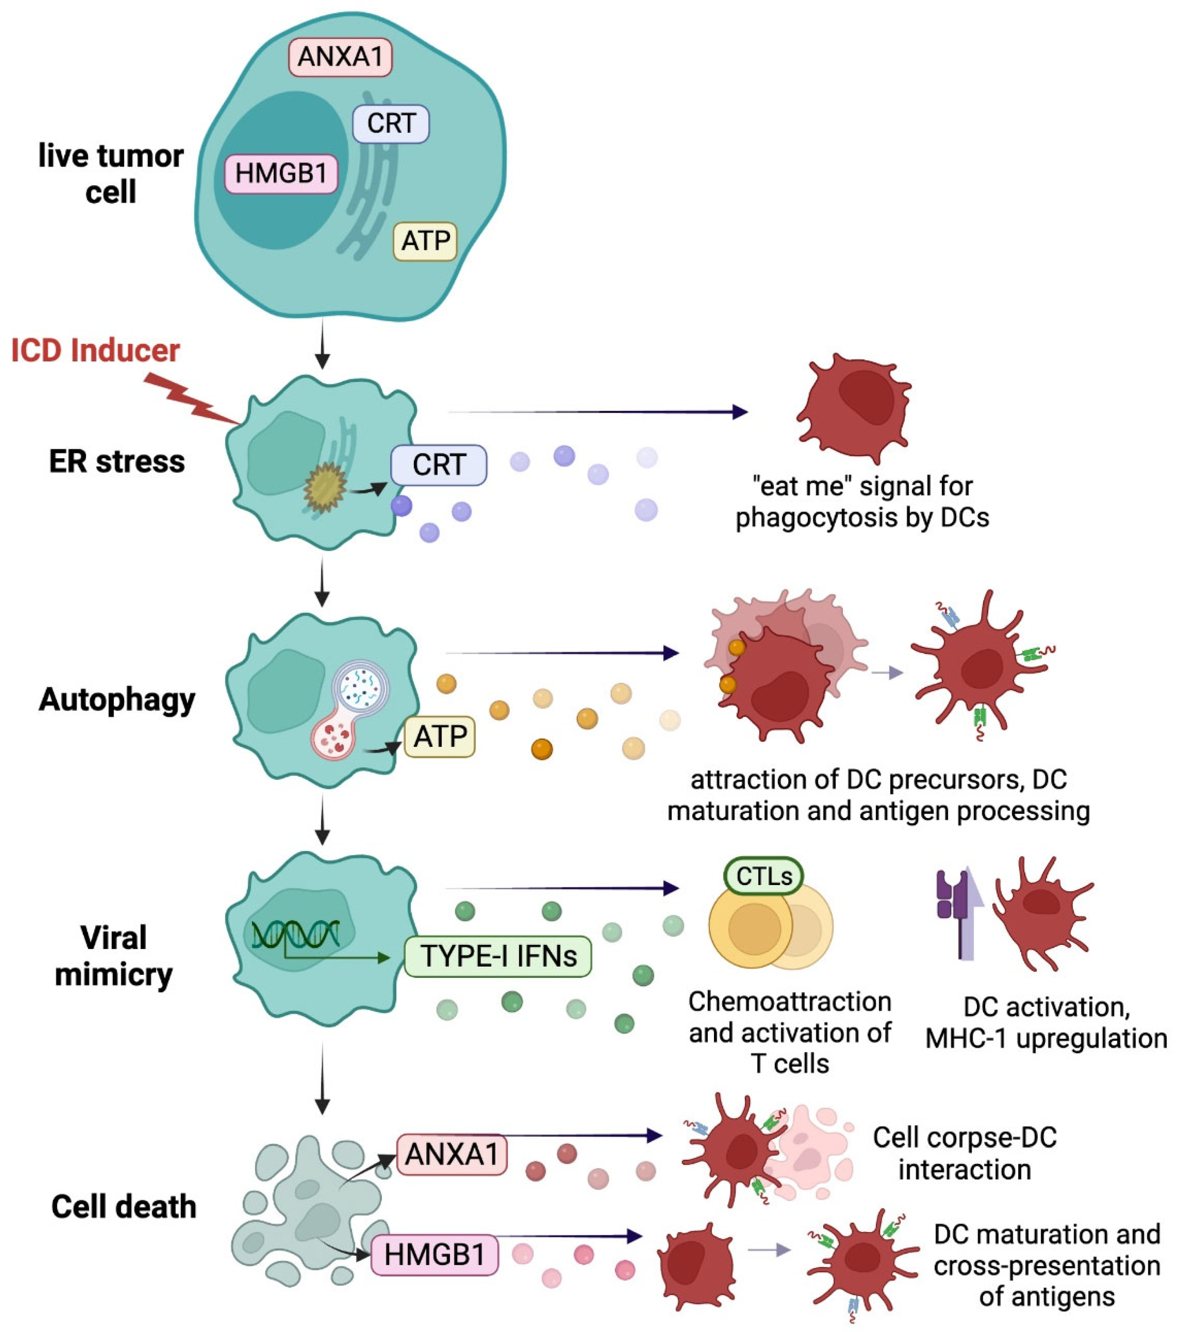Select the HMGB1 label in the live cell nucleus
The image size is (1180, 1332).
click(281, 174)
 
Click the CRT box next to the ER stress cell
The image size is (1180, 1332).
click(439, 465)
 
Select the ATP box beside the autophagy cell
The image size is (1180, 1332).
click(440, 737)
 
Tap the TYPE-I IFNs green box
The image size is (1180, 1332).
click(498, 957)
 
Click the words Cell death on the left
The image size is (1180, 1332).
click(123, 1206)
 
